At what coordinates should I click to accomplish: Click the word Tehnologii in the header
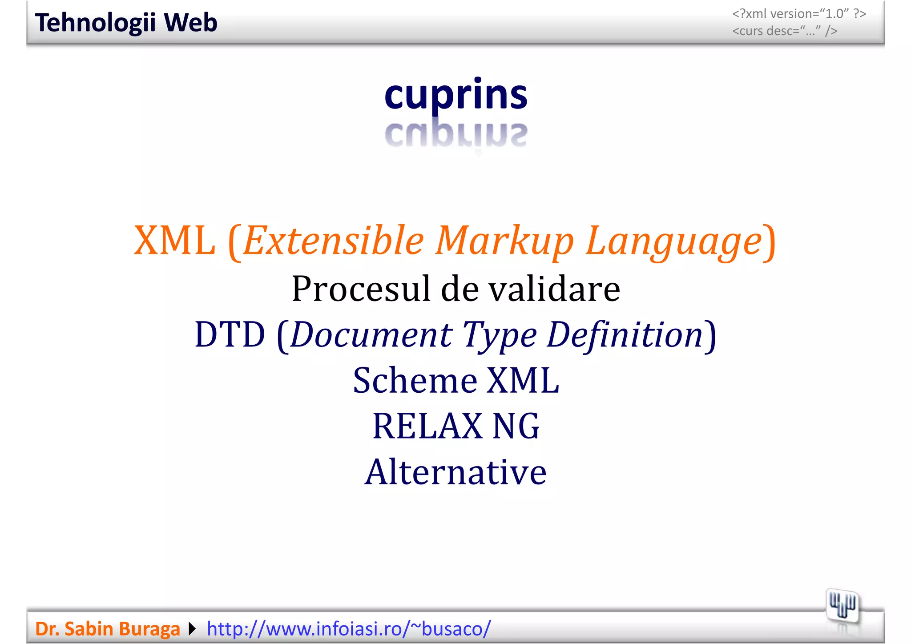[x=95, y=23]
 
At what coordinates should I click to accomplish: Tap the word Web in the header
[x=190, y=23]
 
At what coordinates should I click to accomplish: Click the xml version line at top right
[x=799, y=14]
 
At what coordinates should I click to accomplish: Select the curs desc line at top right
[x=785, y=31]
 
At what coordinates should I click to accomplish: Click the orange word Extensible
[x=334, y=241]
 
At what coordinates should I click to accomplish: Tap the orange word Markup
[x=505, y=241]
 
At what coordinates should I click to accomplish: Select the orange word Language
[x=673, y=241]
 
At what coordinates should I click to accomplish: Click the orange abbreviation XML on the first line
[x=174, y=241]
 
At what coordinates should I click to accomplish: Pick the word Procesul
[x=361, y=289]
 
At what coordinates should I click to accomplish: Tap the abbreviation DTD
[x=230, y=334]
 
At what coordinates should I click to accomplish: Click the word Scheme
[x=415, y=381]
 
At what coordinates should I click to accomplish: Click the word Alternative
[x=456, y=472]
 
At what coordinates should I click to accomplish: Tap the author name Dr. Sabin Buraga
[x=108, y=629]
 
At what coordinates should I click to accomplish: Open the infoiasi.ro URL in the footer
[x=349, y=629]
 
